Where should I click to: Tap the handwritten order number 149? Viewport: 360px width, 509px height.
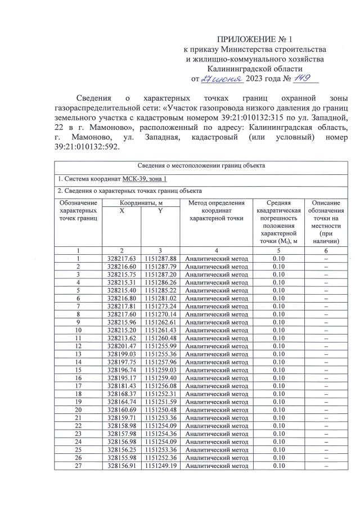point(304,78)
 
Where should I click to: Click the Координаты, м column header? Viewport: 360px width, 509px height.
point(140,202)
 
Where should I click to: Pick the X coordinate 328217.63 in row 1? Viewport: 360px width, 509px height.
point(121,258)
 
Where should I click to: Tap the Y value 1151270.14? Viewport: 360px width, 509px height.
point(161,314)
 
